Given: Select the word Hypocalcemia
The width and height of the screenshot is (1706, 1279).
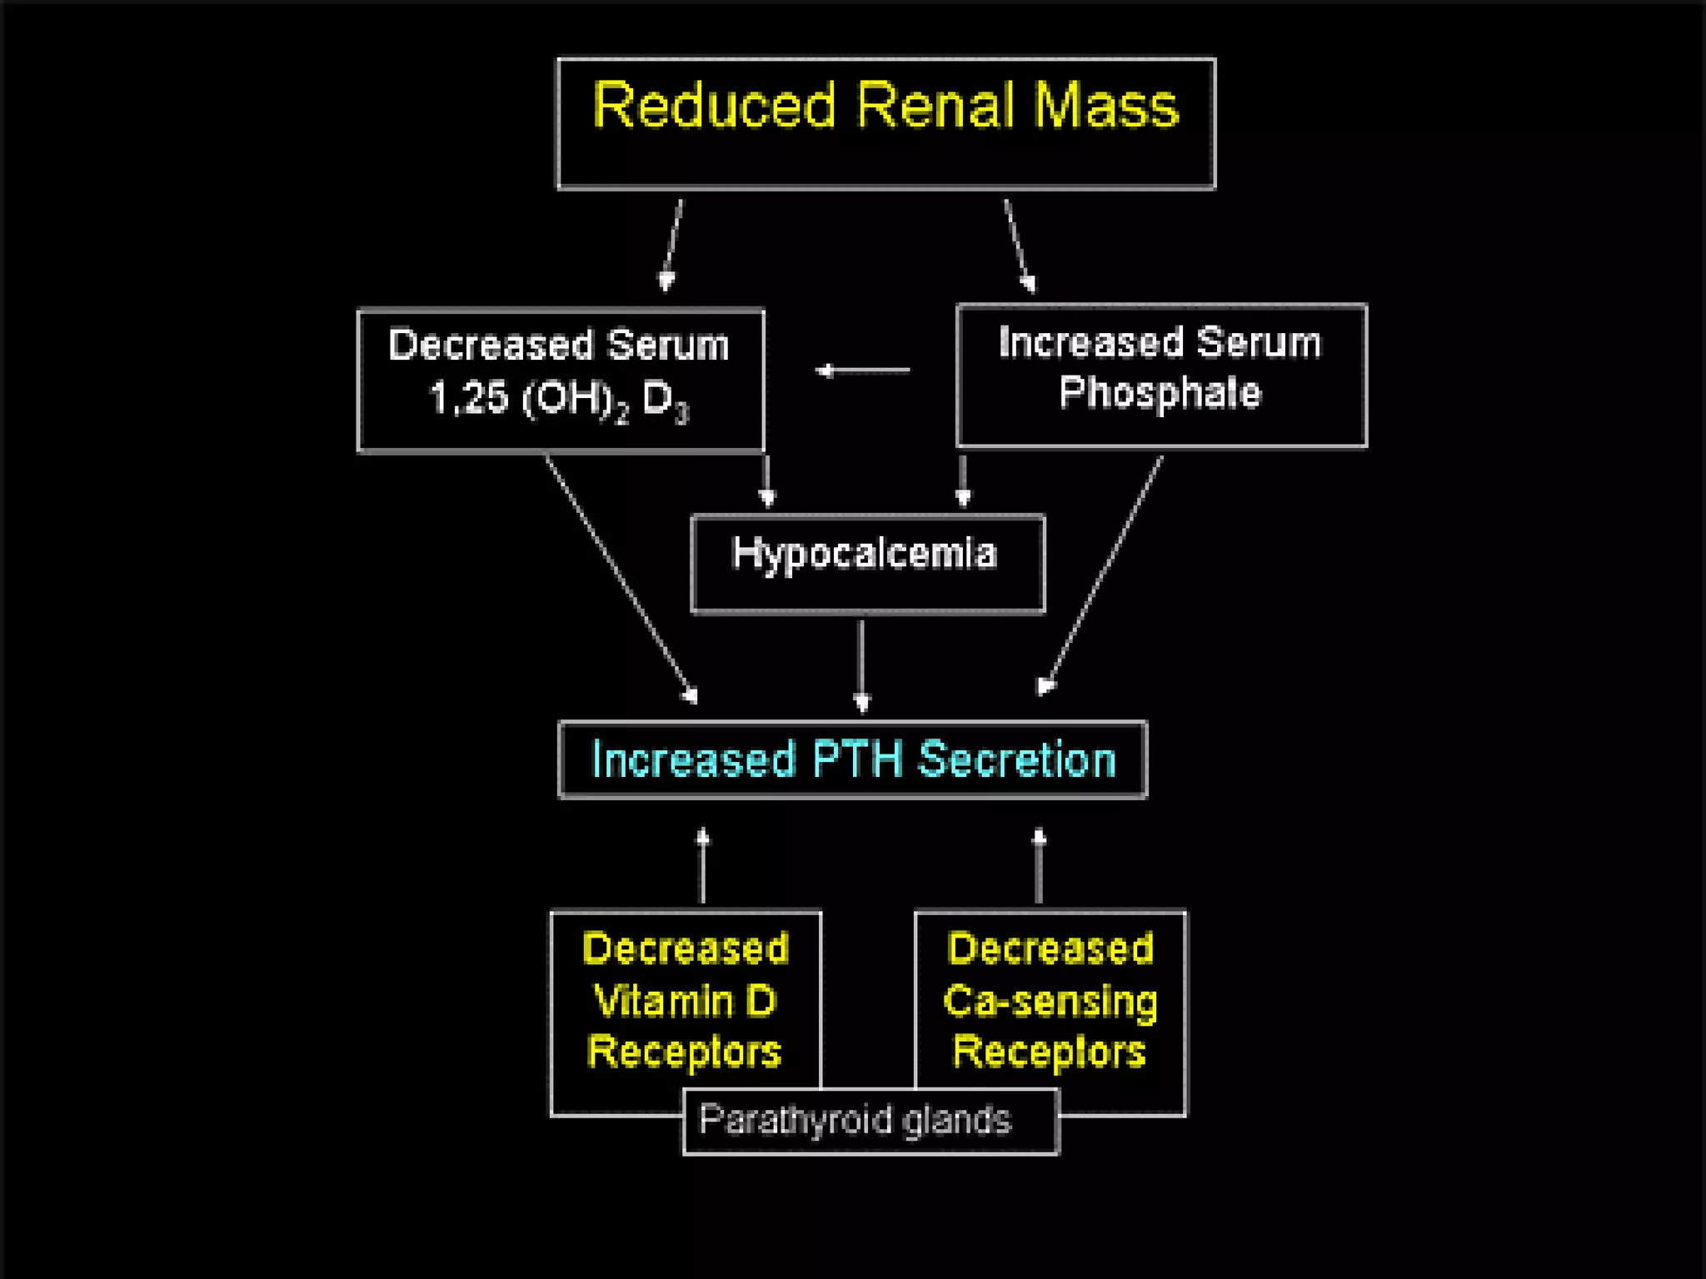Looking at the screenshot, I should (x=864, y=553).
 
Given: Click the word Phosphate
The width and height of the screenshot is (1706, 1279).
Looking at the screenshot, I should (x=1160, y=392).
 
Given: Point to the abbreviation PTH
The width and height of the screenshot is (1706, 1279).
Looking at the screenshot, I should (x=857, y=759).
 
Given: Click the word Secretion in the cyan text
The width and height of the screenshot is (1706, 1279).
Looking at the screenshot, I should (x=1017, y=759).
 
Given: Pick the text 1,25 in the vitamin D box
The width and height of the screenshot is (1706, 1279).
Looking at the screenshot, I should (x=468, y=397).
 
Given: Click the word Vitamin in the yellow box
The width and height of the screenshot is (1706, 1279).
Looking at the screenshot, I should (x=662, y=1000).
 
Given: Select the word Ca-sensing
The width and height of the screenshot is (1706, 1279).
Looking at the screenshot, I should (x=1050, y=1000).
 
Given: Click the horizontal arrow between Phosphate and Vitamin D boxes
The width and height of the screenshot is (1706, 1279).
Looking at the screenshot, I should (x=862, y=370).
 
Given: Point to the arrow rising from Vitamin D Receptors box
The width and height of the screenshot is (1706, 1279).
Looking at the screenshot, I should (x=703, y=866).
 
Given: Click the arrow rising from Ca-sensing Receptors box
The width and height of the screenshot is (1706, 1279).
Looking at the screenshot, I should (x=1039, y=866).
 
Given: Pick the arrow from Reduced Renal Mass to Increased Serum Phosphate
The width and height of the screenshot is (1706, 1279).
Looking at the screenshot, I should (x=1019, y=246).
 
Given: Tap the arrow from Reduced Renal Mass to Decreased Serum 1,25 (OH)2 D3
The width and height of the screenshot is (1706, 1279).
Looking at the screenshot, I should (x=673, y=245).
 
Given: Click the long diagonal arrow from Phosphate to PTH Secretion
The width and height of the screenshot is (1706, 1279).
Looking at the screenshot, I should (x=1103, y=575).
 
